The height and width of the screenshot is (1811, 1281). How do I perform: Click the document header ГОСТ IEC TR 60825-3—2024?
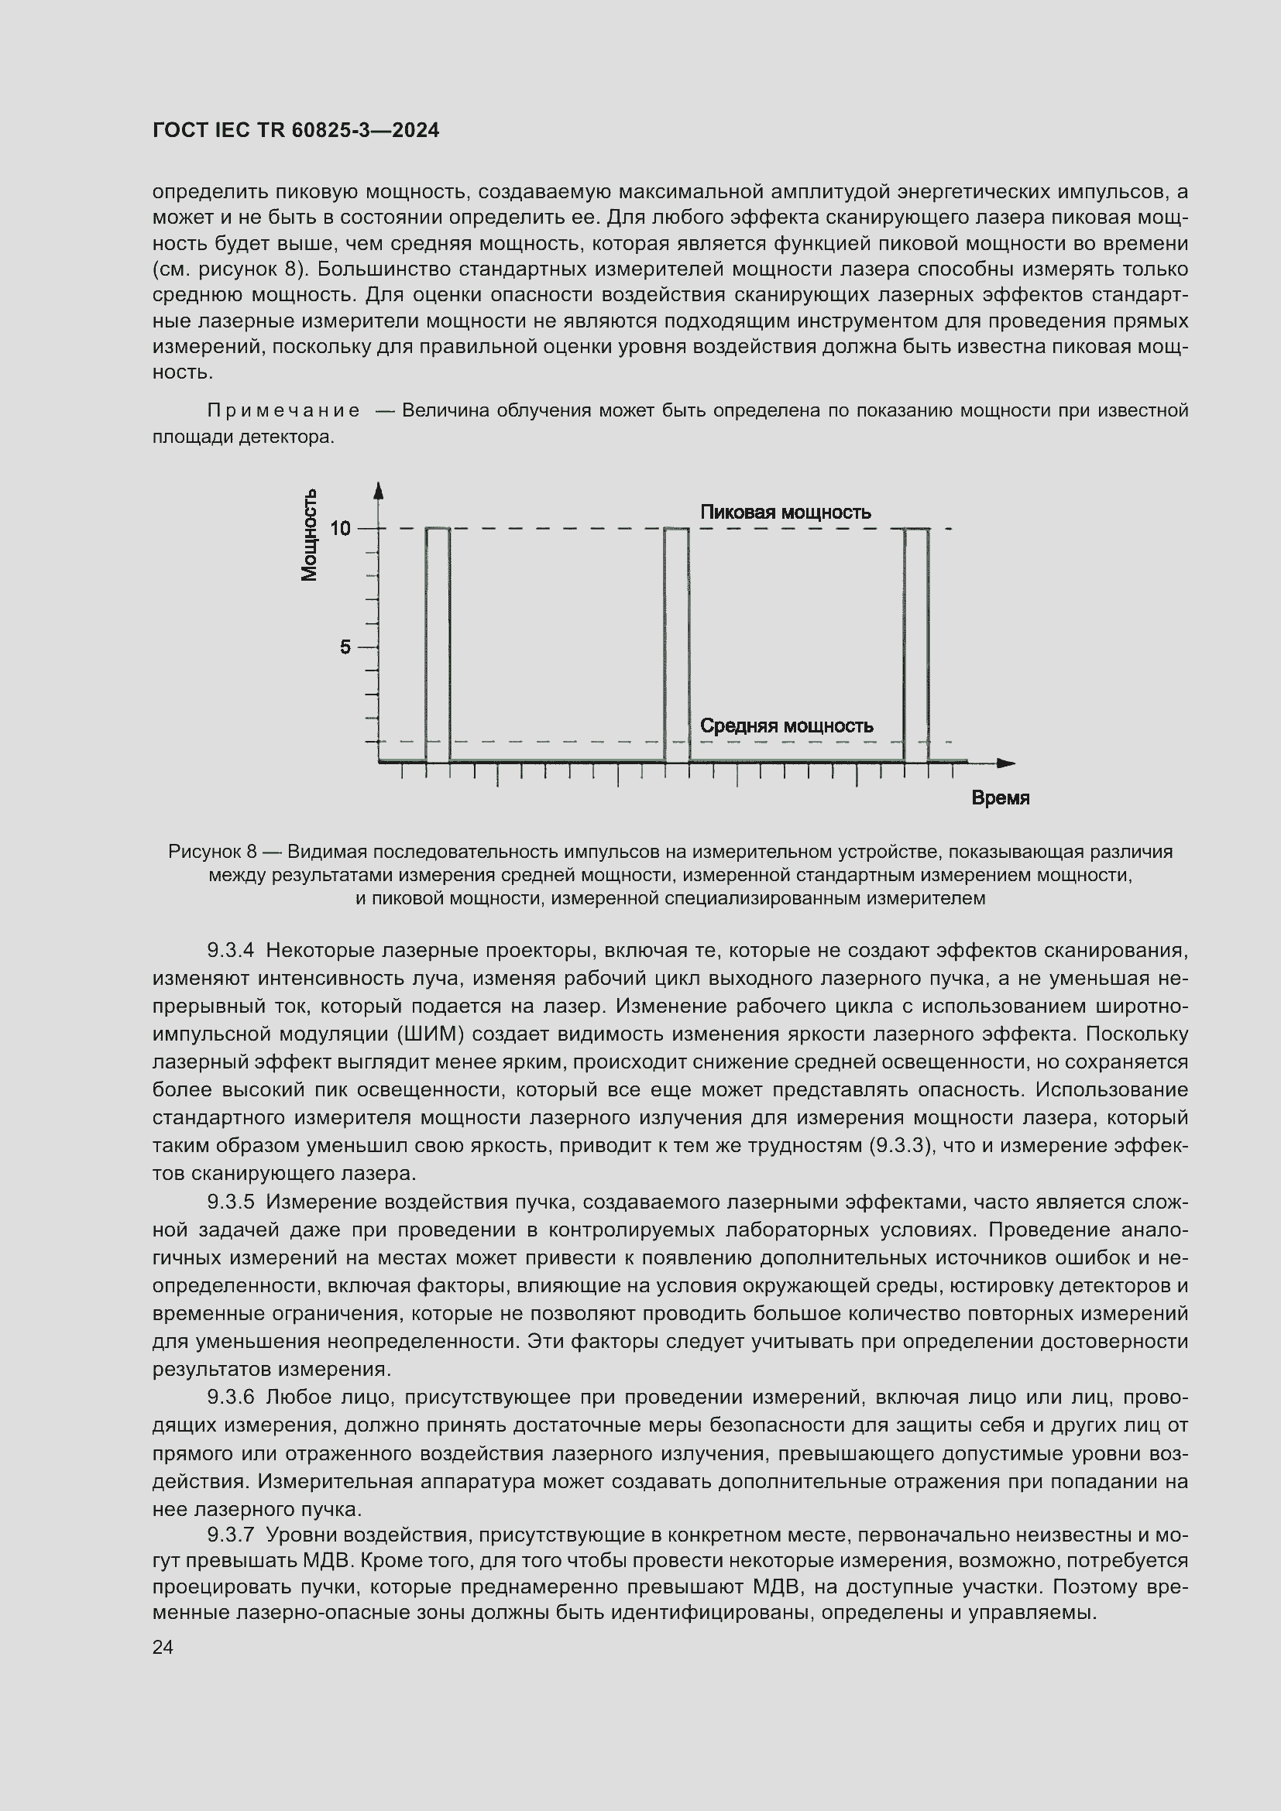tap(296, 131)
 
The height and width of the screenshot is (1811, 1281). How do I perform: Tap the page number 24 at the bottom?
tap(163, 1647)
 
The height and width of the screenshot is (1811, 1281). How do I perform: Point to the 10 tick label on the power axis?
tap(340, 529)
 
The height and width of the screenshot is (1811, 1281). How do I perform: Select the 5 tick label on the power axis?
tap(345, 647)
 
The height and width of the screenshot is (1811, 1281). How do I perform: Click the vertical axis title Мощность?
tap(310, 535)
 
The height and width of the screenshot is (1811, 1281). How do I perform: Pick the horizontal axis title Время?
tap(999, 798)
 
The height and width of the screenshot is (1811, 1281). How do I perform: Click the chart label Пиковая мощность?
tap(785, 513)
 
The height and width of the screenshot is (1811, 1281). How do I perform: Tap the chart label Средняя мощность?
tap(786, 725)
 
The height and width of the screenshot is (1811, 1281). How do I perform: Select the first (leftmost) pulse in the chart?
tap(438, 645)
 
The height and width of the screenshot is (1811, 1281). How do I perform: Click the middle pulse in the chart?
tap(676, 645)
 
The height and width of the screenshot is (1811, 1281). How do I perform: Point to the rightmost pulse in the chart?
tap(915, 645)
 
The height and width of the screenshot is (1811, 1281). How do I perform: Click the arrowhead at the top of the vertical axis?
tap(379, 491)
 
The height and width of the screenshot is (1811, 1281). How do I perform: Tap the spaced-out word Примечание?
tap(284, 411)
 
